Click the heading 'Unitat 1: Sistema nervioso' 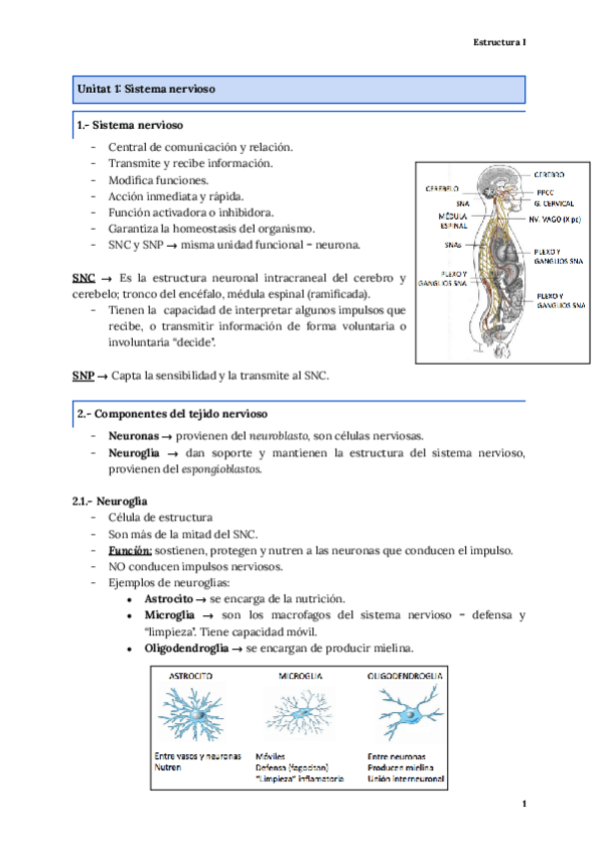pyautogui.click(x=146, y=91)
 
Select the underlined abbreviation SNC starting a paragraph pyautogui.click(x=84, y=277)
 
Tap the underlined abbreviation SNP pyautogui.click(x=84, y=376)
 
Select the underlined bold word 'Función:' pyautogui.click(x=131, y=550)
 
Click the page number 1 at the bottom pyautogui.click(x=523, y=805)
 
